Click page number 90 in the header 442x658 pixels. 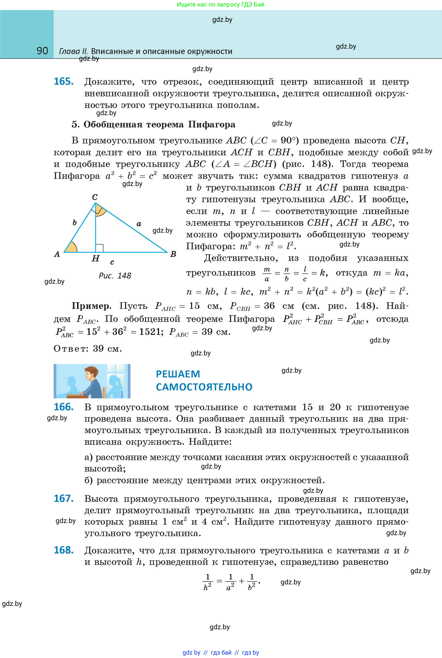[42, 51]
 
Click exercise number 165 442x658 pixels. [64, 82]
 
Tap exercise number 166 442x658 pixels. [64, 407]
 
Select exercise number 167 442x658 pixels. [64, 499]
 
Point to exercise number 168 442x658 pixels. [64, 550]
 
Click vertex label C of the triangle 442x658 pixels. [95, 197]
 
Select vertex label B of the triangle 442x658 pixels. [173, 254]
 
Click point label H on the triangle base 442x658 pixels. [96, 258]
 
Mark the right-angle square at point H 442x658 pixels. [99, 248]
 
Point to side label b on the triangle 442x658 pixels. [74, 223]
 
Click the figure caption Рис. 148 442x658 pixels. [115, 275]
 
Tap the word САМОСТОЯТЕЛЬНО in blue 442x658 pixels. [204, 387]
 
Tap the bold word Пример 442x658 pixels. [91, 306]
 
